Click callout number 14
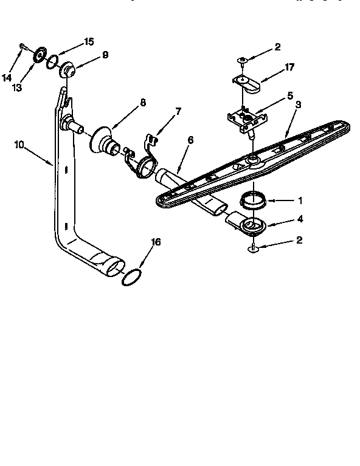7,77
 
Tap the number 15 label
89,41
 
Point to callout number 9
105,55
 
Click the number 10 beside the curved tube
18,145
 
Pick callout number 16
156,242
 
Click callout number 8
142,103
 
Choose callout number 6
190,140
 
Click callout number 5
291,95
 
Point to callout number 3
299,105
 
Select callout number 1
299,199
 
